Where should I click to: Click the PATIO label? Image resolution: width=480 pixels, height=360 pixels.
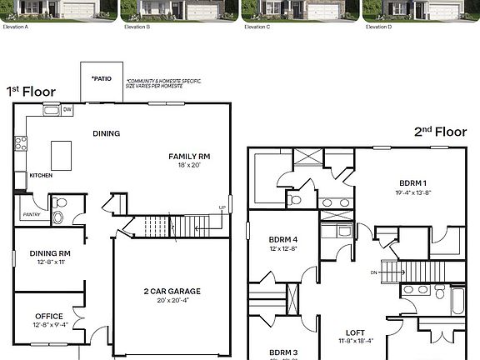click(102, 78)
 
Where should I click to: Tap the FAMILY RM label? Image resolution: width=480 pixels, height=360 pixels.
click(189, 156)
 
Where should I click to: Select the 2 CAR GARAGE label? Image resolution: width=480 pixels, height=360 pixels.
click(172, 291)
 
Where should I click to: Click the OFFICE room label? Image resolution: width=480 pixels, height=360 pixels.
click(48, 316)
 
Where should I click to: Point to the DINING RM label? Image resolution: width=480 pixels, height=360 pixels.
click(49, 253)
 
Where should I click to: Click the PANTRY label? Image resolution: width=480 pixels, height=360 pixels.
click(30, 214)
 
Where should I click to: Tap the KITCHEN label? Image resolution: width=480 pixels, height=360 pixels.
click(41, 176)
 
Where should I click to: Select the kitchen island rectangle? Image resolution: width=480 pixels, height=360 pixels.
click(62, 154)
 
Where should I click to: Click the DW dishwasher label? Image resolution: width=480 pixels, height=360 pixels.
click(67, 109)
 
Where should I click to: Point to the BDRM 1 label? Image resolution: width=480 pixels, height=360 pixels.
click(412, 182)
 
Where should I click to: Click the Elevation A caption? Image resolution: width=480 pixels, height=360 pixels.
click(17, 27)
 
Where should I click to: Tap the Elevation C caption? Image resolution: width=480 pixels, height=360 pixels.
click(257, 27)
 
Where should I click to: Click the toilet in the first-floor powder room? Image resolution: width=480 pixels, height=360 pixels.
click(58, 217)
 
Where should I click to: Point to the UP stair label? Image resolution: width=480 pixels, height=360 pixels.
click(222, 207)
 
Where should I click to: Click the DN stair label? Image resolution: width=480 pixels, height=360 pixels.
click(373, 272)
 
